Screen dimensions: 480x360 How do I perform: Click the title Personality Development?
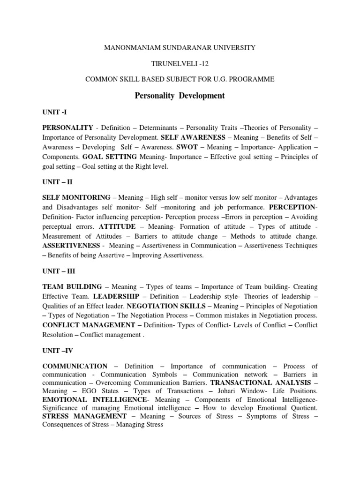point(180,96)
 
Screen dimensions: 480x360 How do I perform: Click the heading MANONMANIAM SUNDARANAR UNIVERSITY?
point(180,47)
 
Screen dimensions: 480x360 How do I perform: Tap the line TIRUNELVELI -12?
point(180,63)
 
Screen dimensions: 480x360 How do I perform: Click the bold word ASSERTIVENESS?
point(71,245)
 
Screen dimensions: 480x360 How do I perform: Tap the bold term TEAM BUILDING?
point(72,287)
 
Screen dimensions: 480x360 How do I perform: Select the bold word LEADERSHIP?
point(115,296)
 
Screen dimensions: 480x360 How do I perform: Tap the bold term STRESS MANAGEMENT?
point(84,416)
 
